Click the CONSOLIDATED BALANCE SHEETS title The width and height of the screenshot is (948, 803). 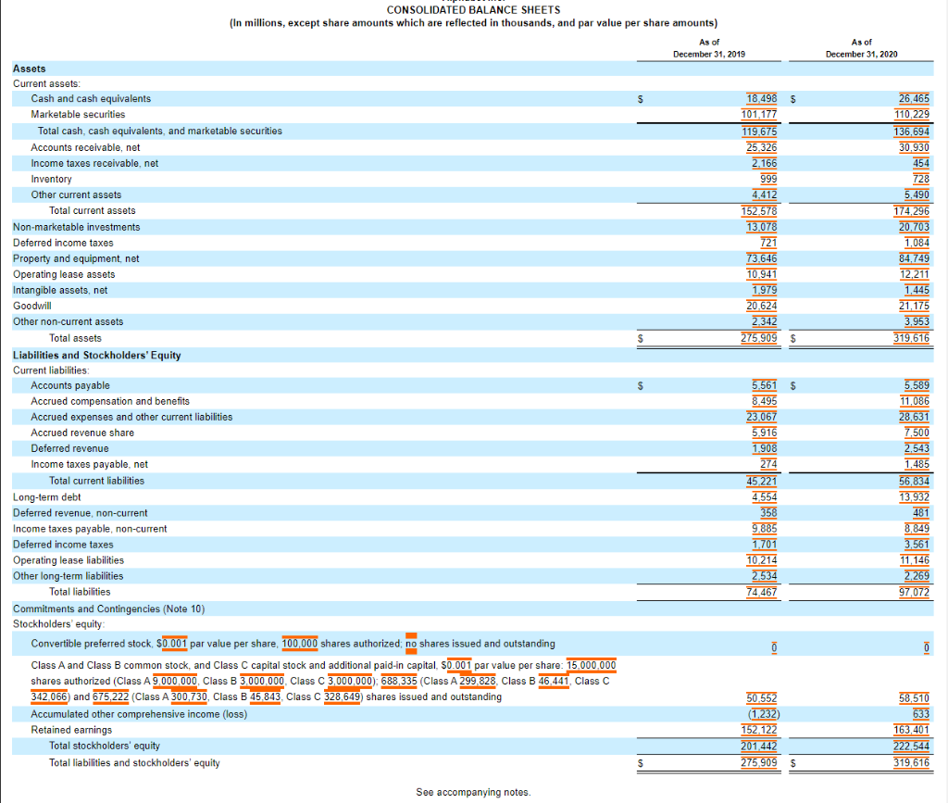click(473, 10)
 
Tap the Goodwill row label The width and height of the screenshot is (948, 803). click(32, 306)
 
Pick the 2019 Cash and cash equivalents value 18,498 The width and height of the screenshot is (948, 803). click(762, 98)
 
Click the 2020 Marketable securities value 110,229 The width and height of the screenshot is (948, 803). click(913, 114)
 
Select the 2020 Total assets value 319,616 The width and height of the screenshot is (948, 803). click(912, 338)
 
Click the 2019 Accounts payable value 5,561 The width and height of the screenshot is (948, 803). click(765, 385)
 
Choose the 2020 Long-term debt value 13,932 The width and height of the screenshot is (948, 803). click(915, 497)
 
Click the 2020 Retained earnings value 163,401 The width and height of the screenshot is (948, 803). click(912, 730)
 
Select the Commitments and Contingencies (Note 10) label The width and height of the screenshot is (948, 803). click(108, 609)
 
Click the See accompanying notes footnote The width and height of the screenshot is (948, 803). click(473, 792)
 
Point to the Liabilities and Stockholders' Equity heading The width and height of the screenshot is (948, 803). click(97, 355)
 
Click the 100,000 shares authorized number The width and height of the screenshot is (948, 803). click(300, 643)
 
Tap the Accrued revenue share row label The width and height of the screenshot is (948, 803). click(82, 433)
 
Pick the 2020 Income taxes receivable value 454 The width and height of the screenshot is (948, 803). click(920, 163)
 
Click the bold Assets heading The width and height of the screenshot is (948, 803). click(29, 69)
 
